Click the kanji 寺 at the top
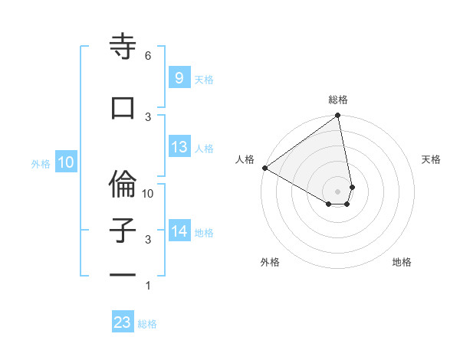pos(123,47)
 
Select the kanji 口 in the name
pos(123,108)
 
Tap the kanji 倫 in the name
pos(123,183)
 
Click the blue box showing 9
pos(179,77)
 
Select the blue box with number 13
pos(179,147)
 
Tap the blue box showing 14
pos(179,231)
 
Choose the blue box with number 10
pos(65,162)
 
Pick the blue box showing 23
pos(123,322)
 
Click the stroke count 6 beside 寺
pos(148,56)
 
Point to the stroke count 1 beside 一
pos(148,286)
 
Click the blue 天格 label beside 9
pos(204,79)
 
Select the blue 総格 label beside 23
pos(147,324)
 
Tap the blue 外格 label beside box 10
pos(40,163)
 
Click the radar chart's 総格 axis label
pos(338,100)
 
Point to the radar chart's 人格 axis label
pos(245,159)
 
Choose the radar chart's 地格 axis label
pos(402,262)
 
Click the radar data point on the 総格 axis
pos(338,116)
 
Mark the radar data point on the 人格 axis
pos(264,168)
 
